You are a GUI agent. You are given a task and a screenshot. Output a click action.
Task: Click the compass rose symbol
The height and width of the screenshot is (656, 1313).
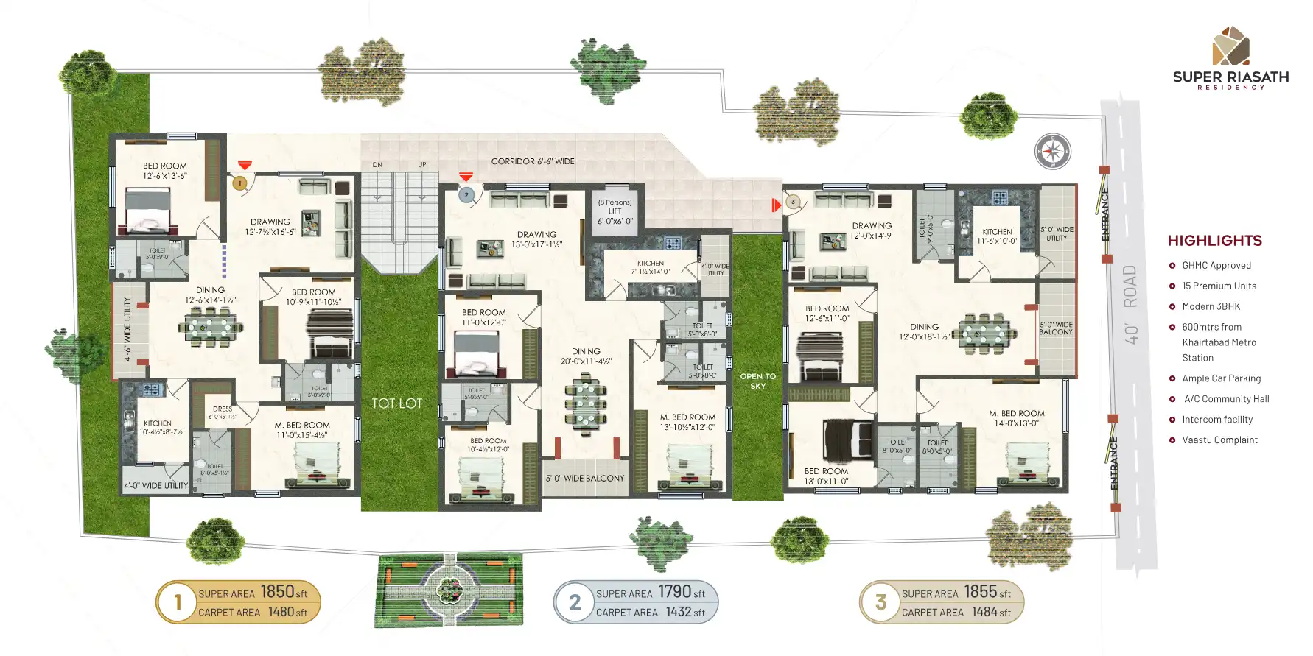tap(1053, 152)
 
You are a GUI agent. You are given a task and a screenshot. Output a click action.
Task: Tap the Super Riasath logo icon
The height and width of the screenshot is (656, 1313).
tap(1231, 46)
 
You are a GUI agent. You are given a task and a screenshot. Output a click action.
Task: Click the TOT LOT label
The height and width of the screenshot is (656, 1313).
tap(396, 403)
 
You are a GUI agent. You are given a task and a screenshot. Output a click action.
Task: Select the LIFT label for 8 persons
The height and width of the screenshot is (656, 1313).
tap(615, 211)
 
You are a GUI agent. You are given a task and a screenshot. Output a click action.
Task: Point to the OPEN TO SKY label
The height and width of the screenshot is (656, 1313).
tap(757, 381)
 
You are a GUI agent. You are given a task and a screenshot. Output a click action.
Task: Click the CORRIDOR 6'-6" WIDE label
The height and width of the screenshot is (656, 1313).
tap(533, 161)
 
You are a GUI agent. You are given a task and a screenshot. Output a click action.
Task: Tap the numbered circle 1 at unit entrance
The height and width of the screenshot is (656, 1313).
tap(239, 183)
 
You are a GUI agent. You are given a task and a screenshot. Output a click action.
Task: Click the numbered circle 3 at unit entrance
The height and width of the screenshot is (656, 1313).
tap(793, 201)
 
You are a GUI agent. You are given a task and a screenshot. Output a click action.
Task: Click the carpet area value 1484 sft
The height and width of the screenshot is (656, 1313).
tap(991, 612)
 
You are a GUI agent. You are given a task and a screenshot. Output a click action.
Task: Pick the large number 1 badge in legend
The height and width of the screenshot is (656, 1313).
tap(178, 602)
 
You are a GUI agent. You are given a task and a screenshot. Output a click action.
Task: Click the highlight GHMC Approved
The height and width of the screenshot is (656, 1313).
tap(1216, 266)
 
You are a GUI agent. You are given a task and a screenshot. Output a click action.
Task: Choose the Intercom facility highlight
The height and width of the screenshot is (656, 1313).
tap(1217, 420)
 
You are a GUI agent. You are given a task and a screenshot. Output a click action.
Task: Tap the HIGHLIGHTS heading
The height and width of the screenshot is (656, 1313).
tap(1214, 241)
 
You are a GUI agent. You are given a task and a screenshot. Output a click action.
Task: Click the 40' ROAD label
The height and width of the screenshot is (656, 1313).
tap(1130, 305)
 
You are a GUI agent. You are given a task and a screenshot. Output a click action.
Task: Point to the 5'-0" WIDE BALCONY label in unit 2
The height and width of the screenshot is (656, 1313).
tap(584, 479)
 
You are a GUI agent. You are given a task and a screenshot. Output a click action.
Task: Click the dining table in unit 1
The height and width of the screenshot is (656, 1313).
tap(210, 326)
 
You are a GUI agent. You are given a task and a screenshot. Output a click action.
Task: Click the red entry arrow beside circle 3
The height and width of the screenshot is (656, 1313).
tap(776, 205)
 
